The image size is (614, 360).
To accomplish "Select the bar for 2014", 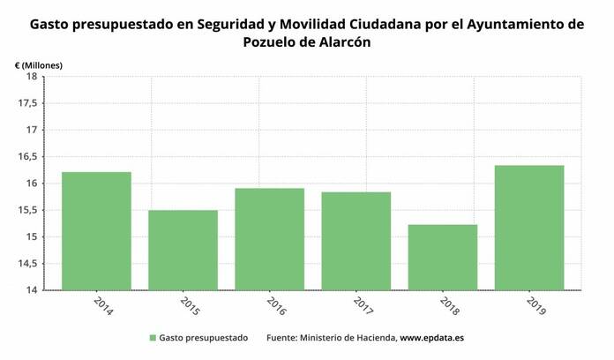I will (x=96, y=231).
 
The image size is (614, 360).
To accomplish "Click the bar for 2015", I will (x=183, y=251).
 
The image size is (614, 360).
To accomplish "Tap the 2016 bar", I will (x=269, y=239).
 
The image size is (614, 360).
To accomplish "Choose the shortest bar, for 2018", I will (x=442, y=258).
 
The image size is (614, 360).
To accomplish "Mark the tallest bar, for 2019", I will (x=528, y=228).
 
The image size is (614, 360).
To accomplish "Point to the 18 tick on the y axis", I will (x=31, y=77).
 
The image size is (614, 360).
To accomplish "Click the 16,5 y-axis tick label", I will (x=27, y=157).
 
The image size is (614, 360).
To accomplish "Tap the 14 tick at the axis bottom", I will (x=31, y=290).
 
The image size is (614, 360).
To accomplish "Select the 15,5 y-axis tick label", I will (x=27, y=210).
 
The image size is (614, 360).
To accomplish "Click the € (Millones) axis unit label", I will (x=39, y=64).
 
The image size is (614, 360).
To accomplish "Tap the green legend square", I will (x=153, y=338).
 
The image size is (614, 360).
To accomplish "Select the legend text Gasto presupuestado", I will (x=204, y=338).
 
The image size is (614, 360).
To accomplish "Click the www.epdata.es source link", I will (x=433, y=338).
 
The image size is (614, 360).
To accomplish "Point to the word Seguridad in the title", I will (x=232, y=25).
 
